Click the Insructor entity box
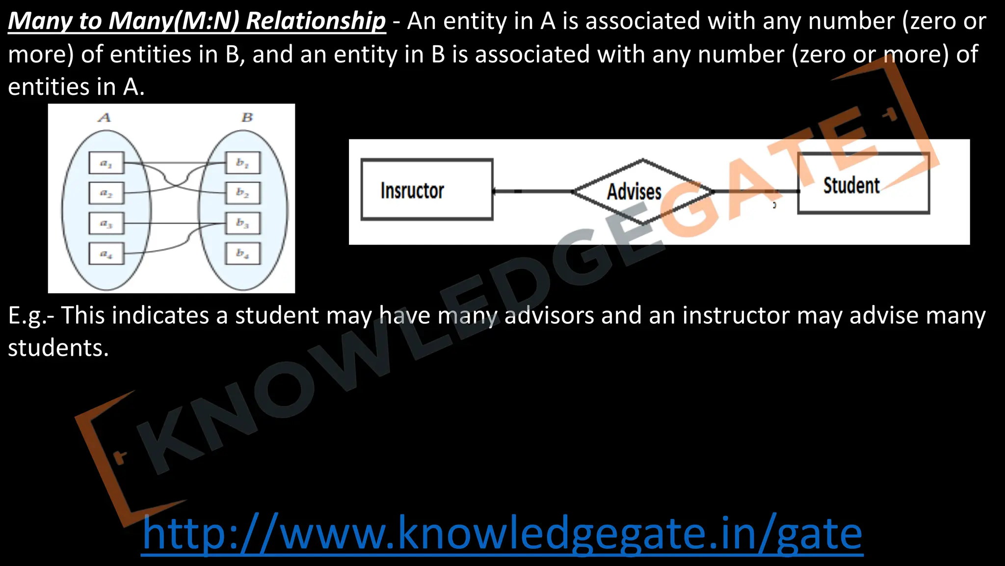point(426,190)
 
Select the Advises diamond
point(642,191)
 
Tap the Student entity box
point(863,184)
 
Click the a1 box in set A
point(106,163)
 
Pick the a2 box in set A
point(106,193)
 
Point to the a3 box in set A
point(106,224)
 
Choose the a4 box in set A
point(106,254)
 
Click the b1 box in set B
point(242,163)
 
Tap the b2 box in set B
point(242,193)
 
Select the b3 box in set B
point(242,223)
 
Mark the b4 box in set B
point(242,254)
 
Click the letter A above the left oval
point(105,117)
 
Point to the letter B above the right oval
point(247,117)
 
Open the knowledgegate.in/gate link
point(502,534)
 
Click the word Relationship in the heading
point(316,21)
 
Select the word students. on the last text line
point(58,348)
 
